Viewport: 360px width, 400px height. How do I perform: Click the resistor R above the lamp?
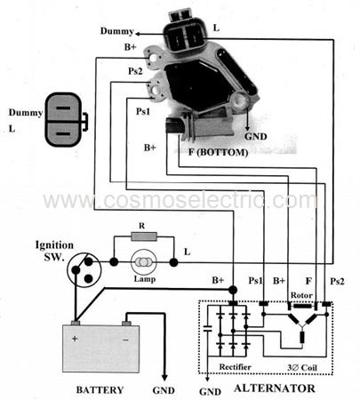pos(144,236)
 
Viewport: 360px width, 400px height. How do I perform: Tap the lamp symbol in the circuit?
pos(143,262)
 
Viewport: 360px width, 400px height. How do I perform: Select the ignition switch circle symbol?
pos(84,269)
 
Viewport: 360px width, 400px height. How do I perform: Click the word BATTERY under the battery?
pos(100,389)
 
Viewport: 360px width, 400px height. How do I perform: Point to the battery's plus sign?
pos(75,338)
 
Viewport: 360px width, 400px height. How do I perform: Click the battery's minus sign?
pos(125,340)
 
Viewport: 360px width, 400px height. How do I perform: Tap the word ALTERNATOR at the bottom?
pos(275,388)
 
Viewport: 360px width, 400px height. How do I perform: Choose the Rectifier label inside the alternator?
pos(235,367)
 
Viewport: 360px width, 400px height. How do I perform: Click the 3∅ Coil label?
pos(302,368)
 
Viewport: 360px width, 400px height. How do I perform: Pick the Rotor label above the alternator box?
pos(301,295)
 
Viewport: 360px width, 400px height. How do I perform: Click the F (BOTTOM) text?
pos(219,152)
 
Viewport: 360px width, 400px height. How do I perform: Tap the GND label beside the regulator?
pos(256,137)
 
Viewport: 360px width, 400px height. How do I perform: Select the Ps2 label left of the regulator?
pos(135,71)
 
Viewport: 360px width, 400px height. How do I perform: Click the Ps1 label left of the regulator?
pos(143,111)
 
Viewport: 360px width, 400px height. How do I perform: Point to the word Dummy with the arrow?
pos(117,31)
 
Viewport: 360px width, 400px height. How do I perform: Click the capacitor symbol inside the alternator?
pos(208,327)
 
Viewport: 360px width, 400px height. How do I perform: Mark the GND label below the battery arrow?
pos(164,390)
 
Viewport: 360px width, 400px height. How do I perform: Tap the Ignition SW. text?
pos(54,251)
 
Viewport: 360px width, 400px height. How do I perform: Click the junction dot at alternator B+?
pos(233,290)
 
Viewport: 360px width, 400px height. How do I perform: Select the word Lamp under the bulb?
pos(145,279)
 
